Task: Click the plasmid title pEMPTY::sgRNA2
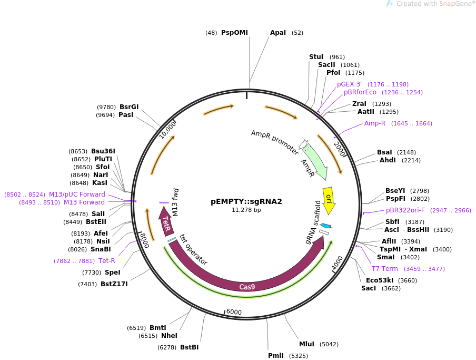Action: (246, 201)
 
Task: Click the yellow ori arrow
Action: (329, 199)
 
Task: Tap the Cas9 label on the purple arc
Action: (247, 287)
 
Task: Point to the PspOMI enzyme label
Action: (234, 33)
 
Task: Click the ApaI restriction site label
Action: (278, 33)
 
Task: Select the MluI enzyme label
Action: (306, 344)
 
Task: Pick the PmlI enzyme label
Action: (275, 356)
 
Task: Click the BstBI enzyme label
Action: (190, 347)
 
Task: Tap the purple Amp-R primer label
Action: (375, 123)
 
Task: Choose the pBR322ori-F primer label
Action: (405, 210)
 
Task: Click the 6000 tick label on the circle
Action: (233, 312)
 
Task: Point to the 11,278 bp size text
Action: (246, 210)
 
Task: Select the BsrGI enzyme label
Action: (129, 106)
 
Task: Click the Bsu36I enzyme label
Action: (103, 151)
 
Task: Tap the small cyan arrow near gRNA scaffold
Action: (326, 226)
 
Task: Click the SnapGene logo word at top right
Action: (454, 4)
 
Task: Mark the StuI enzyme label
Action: (316, 57)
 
